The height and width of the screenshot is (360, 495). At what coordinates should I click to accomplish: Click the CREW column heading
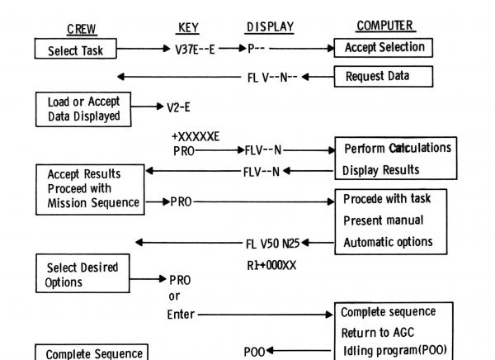(81, 30)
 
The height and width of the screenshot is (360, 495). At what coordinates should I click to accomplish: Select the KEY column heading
(188, 28)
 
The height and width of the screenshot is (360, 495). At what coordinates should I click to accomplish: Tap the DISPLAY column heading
(270, 28)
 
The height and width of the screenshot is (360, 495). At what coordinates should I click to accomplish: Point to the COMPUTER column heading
(385, 26)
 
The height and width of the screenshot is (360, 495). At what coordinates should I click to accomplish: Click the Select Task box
(75, 50)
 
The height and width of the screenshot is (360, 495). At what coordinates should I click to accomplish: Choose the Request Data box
(383, 77)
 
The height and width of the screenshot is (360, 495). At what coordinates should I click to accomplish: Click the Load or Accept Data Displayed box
(83, 109)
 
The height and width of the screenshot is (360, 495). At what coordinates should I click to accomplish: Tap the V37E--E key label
(196, 50)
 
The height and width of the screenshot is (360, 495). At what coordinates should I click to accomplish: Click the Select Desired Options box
(81, 275)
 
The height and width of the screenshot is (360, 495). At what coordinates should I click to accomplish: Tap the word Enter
(181, 315)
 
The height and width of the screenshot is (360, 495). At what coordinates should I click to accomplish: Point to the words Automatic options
(386, 243)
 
